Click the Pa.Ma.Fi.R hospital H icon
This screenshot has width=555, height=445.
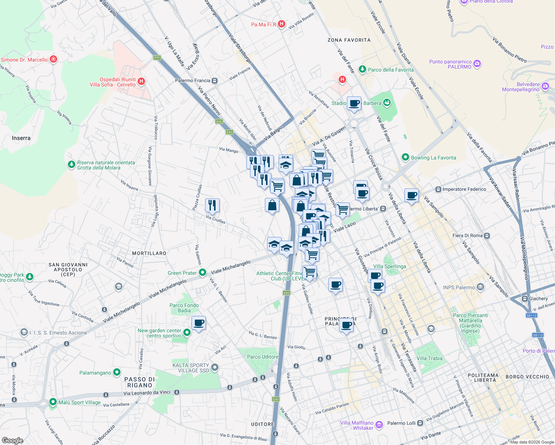[x=282, y=24]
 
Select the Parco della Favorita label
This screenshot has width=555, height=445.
[x=391, y=70]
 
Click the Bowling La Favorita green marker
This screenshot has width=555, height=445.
[x=405, y=158]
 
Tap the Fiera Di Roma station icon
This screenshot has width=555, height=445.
[x=487, y=236]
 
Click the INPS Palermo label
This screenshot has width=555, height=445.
[x=459, y=287]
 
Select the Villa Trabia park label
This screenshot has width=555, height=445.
[x=429, y=358]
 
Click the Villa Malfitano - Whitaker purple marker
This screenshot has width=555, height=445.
[x=379, y=425]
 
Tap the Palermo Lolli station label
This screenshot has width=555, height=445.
[x=401, y=423]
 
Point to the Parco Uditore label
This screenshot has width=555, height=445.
[x=263, y=357]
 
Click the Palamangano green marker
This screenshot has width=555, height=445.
[x=117, y=372]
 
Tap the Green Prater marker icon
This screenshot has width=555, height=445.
[x=203, y=273]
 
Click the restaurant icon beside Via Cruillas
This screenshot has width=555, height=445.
[x=212, y=205]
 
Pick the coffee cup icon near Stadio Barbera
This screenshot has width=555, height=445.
[x=354, y=104]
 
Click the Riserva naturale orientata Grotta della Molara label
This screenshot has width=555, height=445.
[x=106, y=165]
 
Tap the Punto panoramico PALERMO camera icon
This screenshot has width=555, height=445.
[x=477, y=64]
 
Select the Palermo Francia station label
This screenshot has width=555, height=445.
[x=193, y=80]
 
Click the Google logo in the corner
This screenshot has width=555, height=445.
[x=12, y=441]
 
